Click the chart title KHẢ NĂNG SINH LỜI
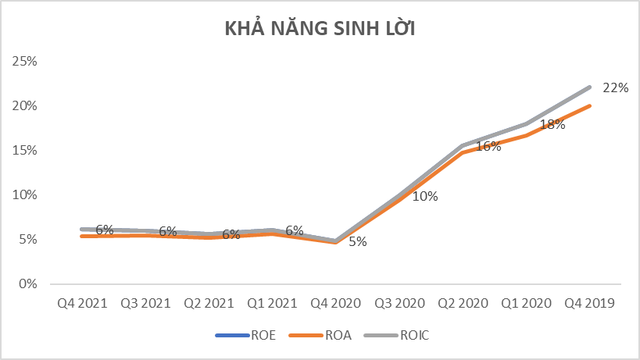pos(320,29)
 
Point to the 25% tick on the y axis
pos(27,61)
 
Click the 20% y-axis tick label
pos(27,105)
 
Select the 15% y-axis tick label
pos(27,150)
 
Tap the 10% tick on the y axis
pos(27,194)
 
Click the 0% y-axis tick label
pos(30,283)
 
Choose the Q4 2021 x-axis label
pos(81,302)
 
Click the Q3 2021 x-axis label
pos(145,302)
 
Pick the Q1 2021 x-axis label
pos(272,302)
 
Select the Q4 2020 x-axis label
pos(336,302)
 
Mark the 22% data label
pos(616,87)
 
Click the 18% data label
pos(552,124)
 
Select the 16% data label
pos(488,146)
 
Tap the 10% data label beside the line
pos(424,196)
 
